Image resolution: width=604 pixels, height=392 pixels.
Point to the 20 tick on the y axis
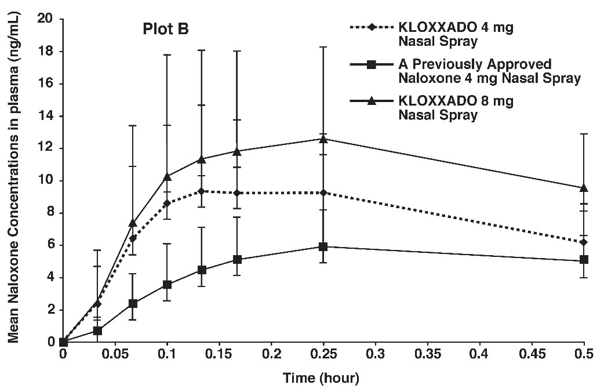tap(46, 19)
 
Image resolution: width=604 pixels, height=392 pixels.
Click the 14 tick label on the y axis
tap(46, 116)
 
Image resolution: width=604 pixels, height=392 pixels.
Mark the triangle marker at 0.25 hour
tap(323, 139)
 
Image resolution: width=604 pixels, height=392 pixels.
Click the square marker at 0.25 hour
tap(323, 246)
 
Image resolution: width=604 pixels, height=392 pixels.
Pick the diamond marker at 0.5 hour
tap(584, 242)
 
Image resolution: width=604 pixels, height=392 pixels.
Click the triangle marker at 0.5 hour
tap(584, 188)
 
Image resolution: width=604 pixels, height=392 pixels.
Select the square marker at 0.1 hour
tap(167, 285)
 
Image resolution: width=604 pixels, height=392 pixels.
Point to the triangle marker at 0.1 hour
tap(167, 176)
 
